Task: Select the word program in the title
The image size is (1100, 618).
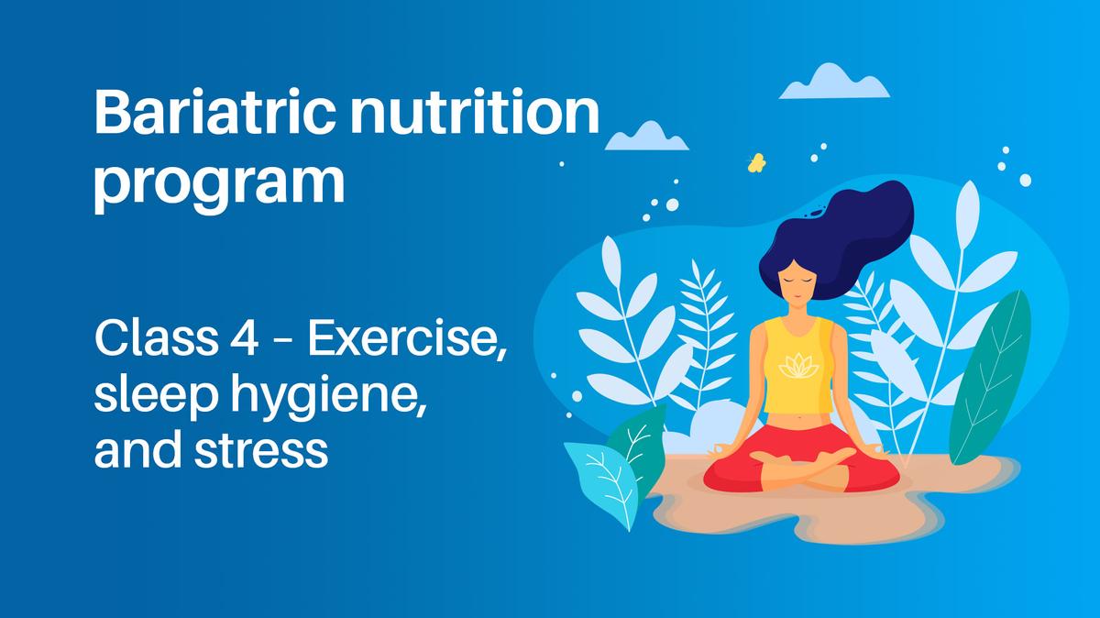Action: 219,182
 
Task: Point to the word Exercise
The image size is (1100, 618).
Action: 407,342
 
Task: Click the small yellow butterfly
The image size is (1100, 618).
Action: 757,163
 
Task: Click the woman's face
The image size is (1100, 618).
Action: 794,280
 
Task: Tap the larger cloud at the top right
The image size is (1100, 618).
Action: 833,83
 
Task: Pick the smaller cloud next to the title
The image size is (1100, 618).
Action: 646,137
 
